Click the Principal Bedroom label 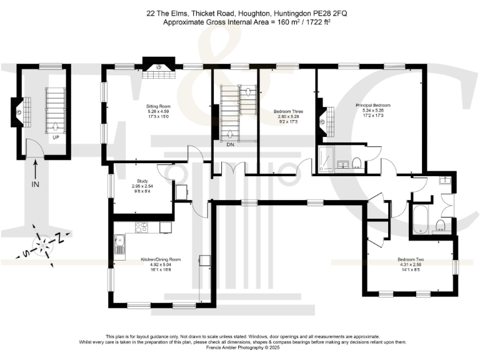click(x=373, y=104)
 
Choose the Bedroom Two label click(x=411, y=259)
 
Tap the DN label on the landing click(x=231, y=144)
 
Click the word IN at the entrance click(x=36, y=185)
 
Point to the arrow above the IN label click(x=36, y=167)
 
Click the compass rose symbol click(x=44, y=243)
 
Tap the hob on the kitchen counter click(x=141, y=227)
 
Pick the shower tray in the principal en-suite click(x=327, y=161)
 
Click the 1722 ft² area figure click(x=311, y=22)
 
